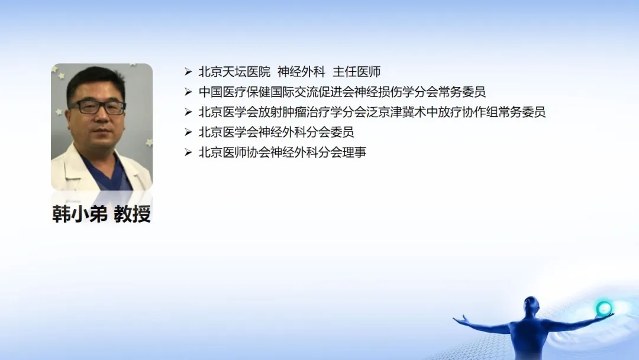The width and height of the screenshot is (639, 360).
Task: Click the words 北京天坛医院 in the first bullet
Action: [x=234, y=72]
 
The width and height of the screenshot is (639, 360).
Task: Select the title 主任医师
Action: [x=357, y=72]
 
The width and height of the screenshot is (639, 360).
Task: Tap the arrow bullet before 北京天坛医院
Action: [x=188, y=72]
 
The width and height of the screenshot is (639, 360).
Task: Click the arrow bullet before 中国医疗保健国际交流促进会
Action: [x=188, y=92]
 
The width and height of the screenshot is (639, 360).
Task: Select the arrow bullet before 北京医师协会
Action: [x=188, y=153]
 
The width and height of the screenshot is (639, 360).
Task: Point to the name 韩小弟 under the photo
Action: [x=80, y=214]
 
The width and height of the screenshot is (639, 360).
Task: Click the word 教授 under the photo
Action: [x=133, y=214]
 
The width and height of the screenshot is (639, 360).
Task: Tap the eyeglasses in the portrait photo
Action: [x=98, y=107]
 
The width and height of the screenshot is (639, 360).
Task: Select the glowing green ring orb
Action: [x=603, y=308]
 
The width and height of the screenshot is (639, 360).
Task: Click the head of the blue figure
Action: [x=531, y=304]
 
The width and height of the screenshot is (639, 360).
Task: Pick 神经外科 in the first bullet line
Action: [x=302, y=72]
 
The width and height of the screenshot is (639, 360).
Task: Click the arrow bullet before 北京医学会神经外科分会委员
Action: [x=188, y=132]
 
